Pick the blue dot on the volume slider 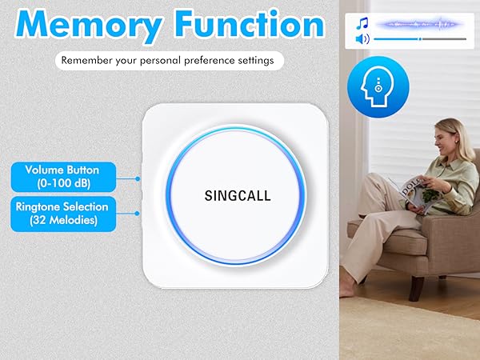tap(419, 38)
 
